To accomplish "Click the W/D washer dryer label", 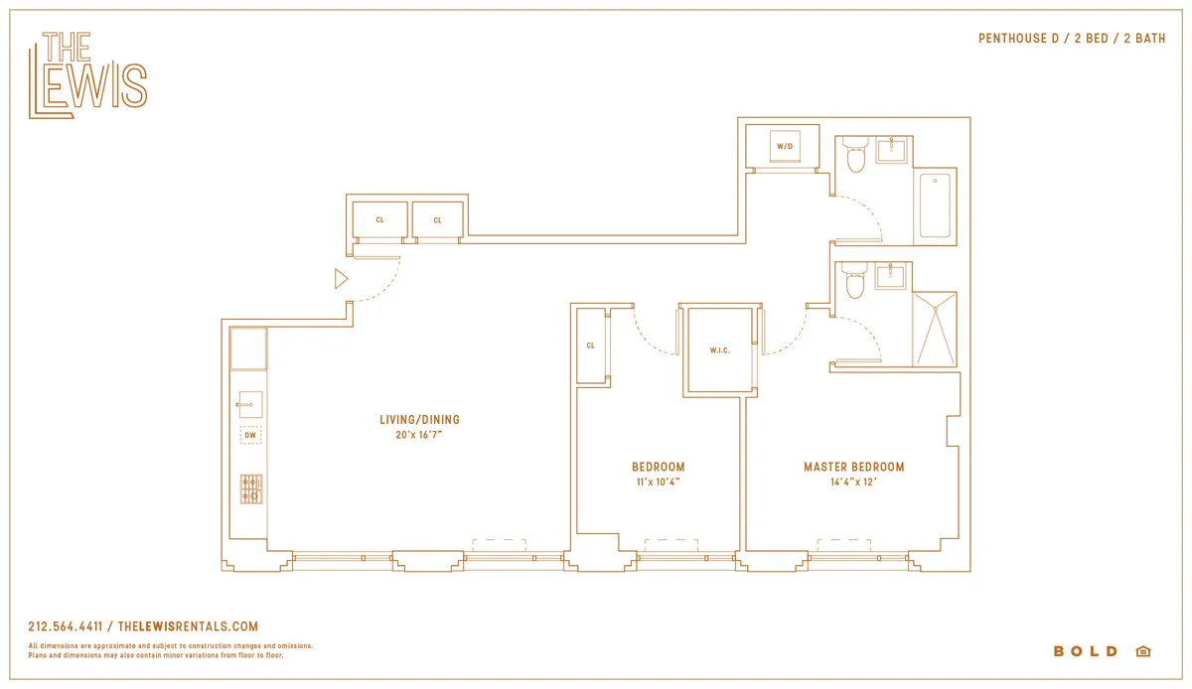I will pos(785,147).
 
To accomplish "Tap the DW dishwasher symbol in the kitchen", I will pos(250,435).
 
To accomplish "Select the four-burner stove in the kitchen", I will pos(251,488).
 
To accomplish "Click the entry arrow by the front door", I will pos(341,279).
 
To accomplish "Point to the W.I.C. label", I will pos(720,350).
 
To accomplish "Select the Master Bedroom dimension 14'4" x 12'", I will pos(853,482).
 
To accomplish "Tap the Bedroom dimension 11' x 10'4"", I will pos(658,482).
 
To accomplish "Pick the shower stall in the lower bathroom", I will pos(934,329).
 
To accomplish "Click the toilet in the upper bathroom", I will pos(855,157).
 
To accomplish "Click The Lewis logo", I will pos(87,75).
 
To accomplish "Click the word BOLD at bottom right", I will pos(1086,651).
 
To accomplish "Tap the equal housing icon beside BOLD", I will pos(1142,651).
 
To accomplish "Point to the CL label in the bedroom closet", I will pos(590,345).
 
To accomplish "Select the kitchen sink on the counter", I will pos(249,404).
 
